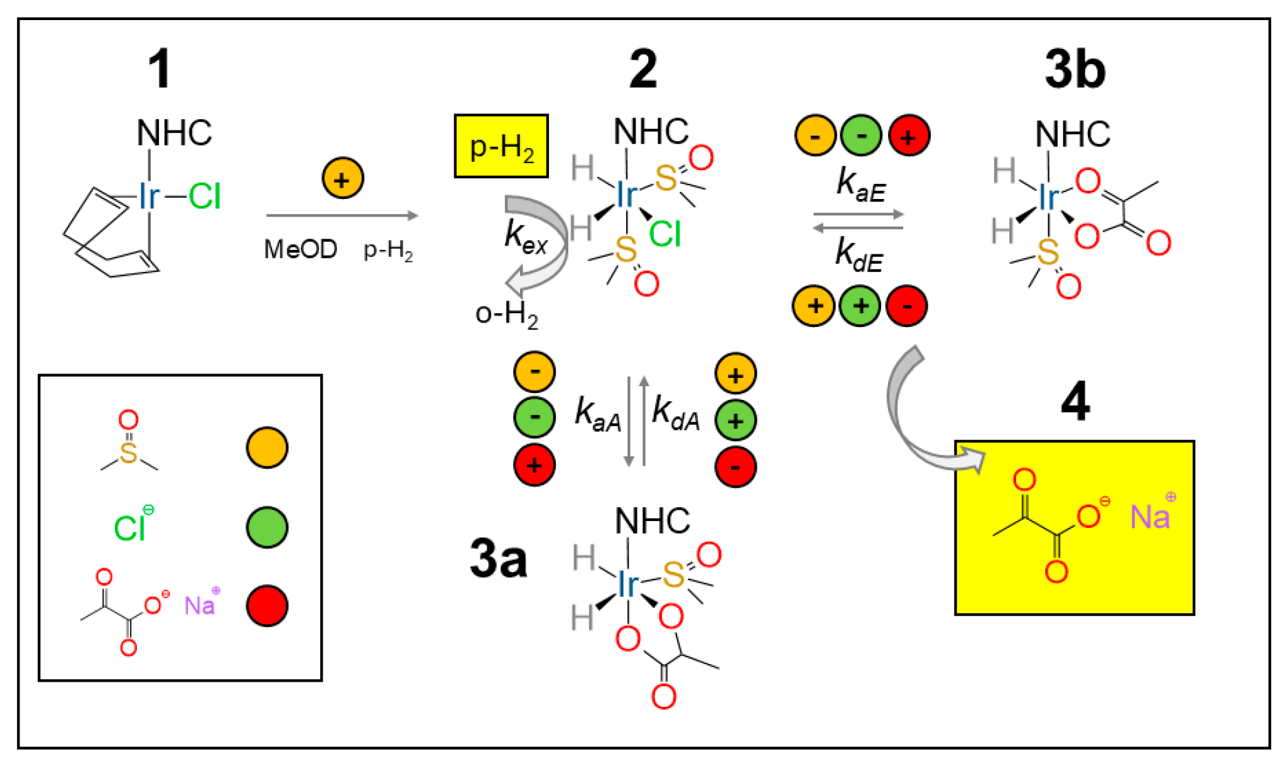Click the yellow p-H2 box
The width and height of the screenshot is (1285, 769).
click(x=501, y=146)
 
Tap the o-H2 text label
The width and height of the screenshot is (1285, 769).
click(x=506, y=314)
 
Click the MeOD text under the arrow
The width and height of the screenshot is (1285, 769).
click(x=300, y=250)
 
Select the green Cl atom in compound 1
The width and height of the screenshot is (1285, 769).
click(x=205, y=196)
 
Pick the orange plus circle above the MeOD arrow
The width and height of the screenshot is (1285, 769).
click(x=342, y=179)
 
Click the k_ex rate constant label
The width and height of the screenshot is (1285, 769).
click(x=526, y=237)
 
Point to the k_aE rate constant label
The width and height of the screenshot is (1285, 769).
click(x=860, y=185)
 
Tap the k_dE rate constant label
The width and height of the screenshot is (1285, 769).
click(x=859, y=255)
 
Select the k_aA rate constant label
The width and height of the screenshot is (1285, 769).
click(x=597, y=416)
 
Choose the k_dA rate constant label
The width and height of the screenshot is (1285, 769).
click(x=676, y=414)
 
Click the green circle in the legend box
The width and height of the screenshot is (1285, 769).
click(x=267, y=527)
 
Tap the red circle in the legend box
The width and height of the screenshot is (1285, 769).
click(x=267, y=606)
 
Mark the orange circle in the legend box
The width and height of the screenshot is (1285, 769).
click(x=267, y=448)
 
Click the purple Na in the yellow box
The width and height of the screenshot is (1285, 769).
click(x=1149, y=517)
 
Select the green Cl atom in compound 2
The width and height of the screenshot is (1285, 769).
click(x=664, y=234)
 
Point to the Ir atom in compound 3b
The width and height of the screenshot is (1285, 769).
click(x=1048, y=198)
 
